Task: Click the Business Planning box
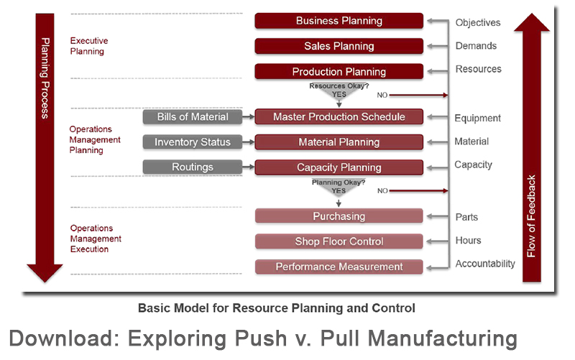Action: click(339, 21)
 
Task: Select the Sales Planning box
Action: click(339, 46)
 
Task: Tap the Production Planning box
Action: click(339, 72)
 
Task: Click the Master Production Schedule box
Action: click(339, 117)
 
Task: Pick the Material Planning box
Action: click(339, 142)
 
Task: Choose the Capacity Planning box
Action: click(339, 167)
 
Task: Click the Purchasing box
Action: click(339, 216)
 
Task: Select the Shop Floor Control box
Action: click(339, 241)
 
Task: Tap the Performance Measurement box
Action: click(339, 267)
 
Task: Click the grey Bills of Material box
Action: click(192, 117)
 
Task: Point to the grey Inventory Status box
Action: click(192, 142)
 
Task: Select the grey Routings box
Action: click(192, 167)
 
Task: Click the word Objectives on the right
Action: click(478, 23)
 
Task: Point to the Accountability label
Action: click(485, 264)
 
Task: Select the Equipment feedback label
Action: click(477, 118)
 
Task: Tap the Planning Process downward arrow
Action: click(45, 144)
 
